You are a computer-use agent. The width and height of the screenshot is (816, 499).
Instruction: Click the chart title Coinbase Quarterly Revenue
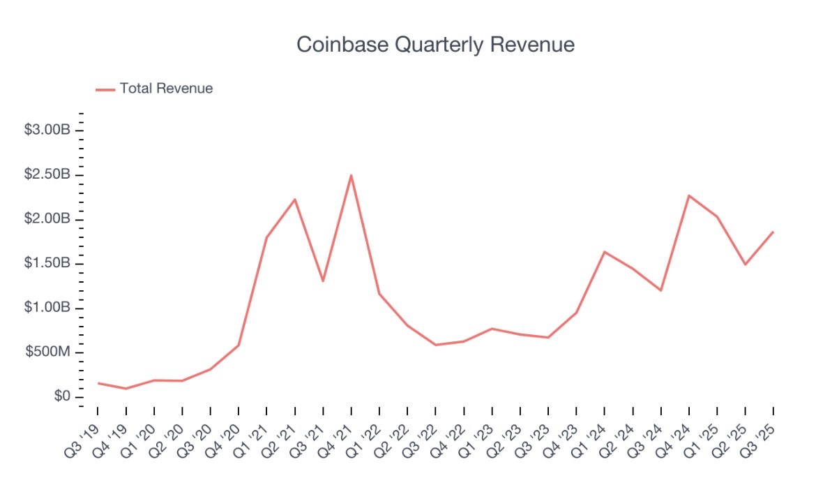point(435,45)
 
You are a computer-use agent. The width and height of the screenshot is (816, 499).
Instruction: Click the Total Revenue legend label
point(166,89)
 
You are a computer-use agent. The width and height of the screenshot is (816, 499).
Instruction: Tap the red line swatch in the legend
point(105,89)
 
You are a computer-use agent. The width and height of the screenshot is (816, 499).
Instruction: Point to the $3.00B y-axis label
point(48,131)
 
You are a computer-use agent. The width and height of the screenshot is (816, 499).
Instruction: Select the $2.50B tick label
point(48,174)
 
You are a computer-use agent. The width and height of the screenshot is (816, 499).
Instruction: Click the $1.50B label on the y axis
point(48,264)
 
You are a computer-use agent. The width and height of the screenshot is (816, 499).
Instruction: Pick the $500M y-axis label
point(48,352)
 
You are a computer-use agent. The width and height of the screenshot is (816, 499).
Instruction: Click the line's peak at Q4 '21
point(351,175)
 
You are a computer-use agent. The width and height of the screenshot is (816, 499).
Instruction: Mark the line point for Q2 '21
point(295,200)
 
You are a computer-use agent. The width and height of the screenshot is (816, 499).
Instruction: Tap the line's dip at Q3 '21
point(323,281)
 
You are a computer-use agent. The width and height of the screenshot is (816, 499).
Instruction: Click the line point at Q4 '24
point(689,195)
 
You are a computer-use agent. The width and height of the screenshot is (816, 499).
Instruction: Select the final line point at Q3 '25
point(773,232)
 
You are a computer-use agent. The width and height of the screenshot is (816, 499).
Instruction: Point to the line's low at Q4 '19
point(126,389)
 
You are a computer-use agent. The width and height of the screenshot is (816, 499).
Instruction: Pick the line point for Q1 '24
point(605,252)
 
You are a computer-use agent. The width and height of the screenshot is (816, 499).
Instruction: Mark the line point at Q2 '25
point(745,265)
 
